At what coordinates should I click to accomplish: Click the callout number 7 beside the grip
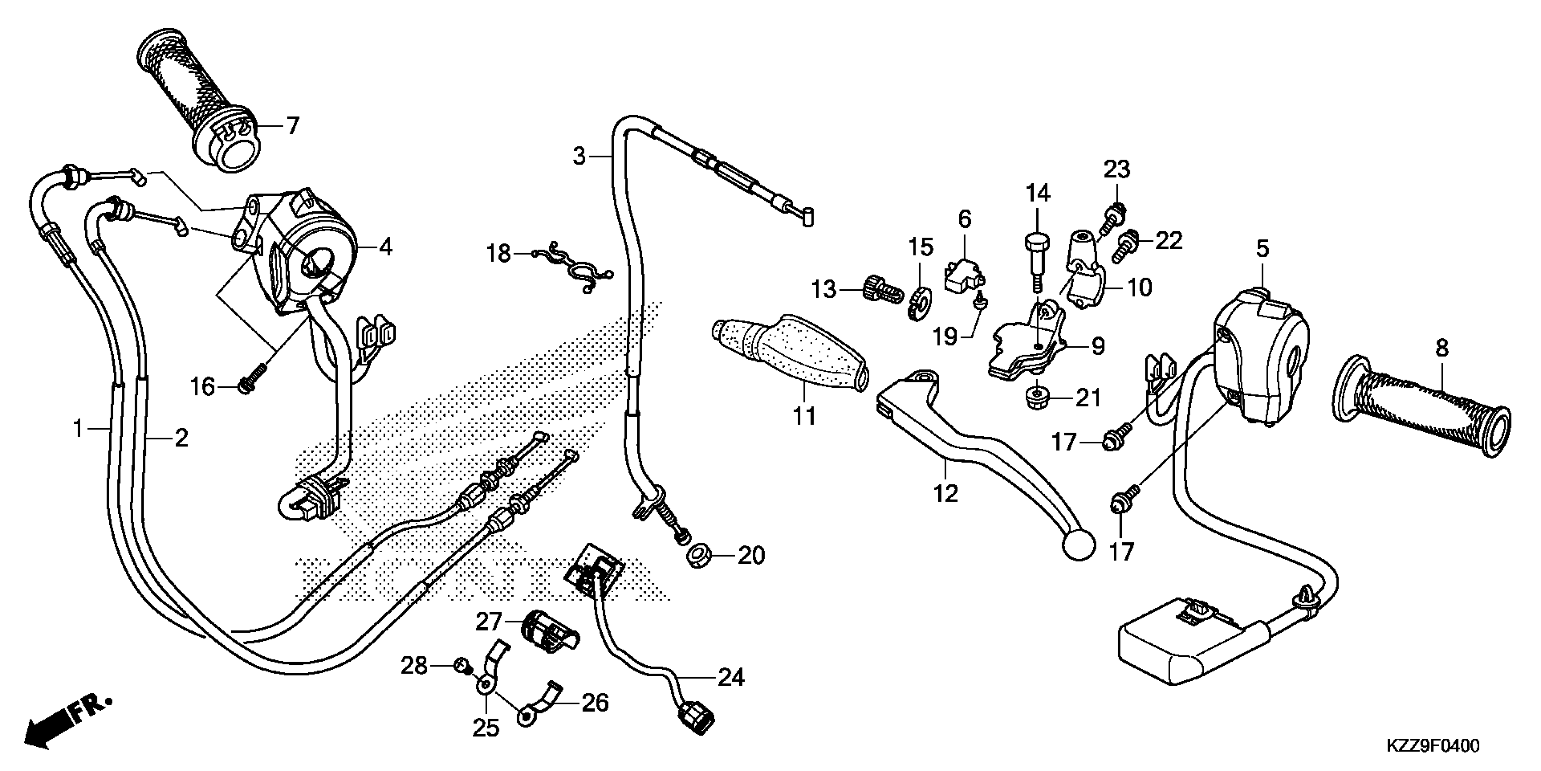tap(292, 126)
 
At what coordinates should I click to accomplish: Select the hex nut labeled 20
tap(698, 556)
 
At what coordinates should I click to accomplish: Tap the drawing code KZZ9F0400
tap(1432, 746)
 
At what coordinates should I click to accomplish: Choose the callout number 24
tap(731, 678)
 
